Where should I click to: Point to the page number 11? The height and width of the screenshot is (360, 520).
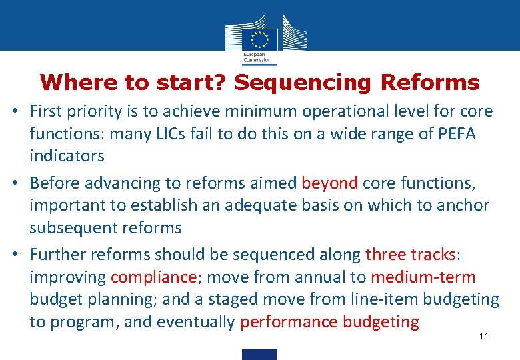point(484,336)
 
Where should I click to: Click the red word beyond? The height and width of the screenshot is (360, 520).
point(330,183)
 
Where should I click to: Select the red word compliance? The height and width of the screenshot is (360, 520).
point(154,277)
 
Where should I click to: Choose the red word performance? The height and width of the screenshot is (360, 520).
point(289,322)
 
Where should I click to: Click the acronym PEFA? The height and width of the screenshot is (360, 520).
point(457,133)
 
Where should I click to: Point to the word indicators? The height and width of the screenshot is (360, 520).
point(67,156)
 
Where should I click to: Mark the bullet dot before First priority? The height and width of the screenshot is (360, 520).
point(14,111)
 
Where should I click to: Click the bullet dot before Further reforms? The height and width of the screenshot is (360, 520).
point(14,255)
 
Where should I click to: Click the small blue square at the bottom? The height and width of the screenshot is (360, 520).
point(259,354)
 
